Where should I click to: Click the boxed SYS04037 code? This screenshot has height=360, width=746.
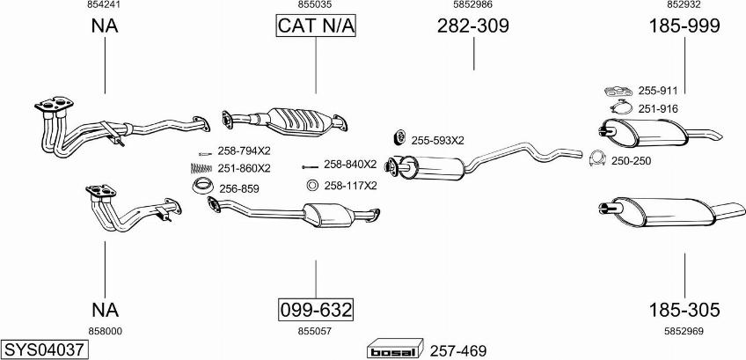[x=44, y=349]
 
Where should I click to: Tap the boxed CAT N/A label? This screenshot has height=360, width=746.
[x=316, y=26]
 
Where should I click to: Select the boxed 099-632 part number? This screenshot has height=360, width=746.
[x=316, y=310]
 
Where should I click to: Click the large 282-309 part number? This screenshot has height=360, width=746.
[x=473, y=26]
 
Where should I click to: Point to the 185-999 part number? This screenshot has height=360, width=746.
[x=684, y=26]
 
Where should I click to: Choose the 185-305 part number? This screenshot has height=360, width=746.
[x=684, y=310]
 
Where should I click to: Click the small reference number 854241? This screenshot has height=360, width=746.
[x=105, y=5]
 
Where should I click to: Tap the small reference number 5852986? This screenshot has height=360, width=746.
[x=473, y=5]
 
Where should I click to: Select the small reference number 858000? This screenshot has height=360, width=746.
[x=105, y=330]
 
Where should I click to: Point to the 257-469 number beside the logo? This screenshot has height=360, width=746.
[x=457, y=349]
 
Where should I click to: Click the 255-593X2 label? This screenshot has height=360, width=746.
[x=437, y=140]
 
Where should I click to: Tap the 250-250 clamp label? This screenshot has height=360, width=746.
[x=631, y=160]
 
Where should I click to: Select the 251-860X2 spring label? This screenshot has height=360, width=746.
[x=245, y=168]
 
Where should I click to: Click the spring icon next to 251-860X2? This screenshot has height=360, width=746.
[x=203, y=168]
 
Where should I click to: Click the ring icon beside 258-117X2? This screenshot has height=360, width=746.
[x=311, y=186]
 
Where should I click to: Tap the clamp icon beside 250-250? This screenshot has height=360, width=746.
[x=596, y=159]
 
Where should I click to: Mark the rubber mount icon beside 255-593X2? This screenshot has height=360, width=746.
[x=397, y=138]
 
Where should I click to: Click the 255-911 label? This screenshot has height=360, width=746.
[x=658, y=91]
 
